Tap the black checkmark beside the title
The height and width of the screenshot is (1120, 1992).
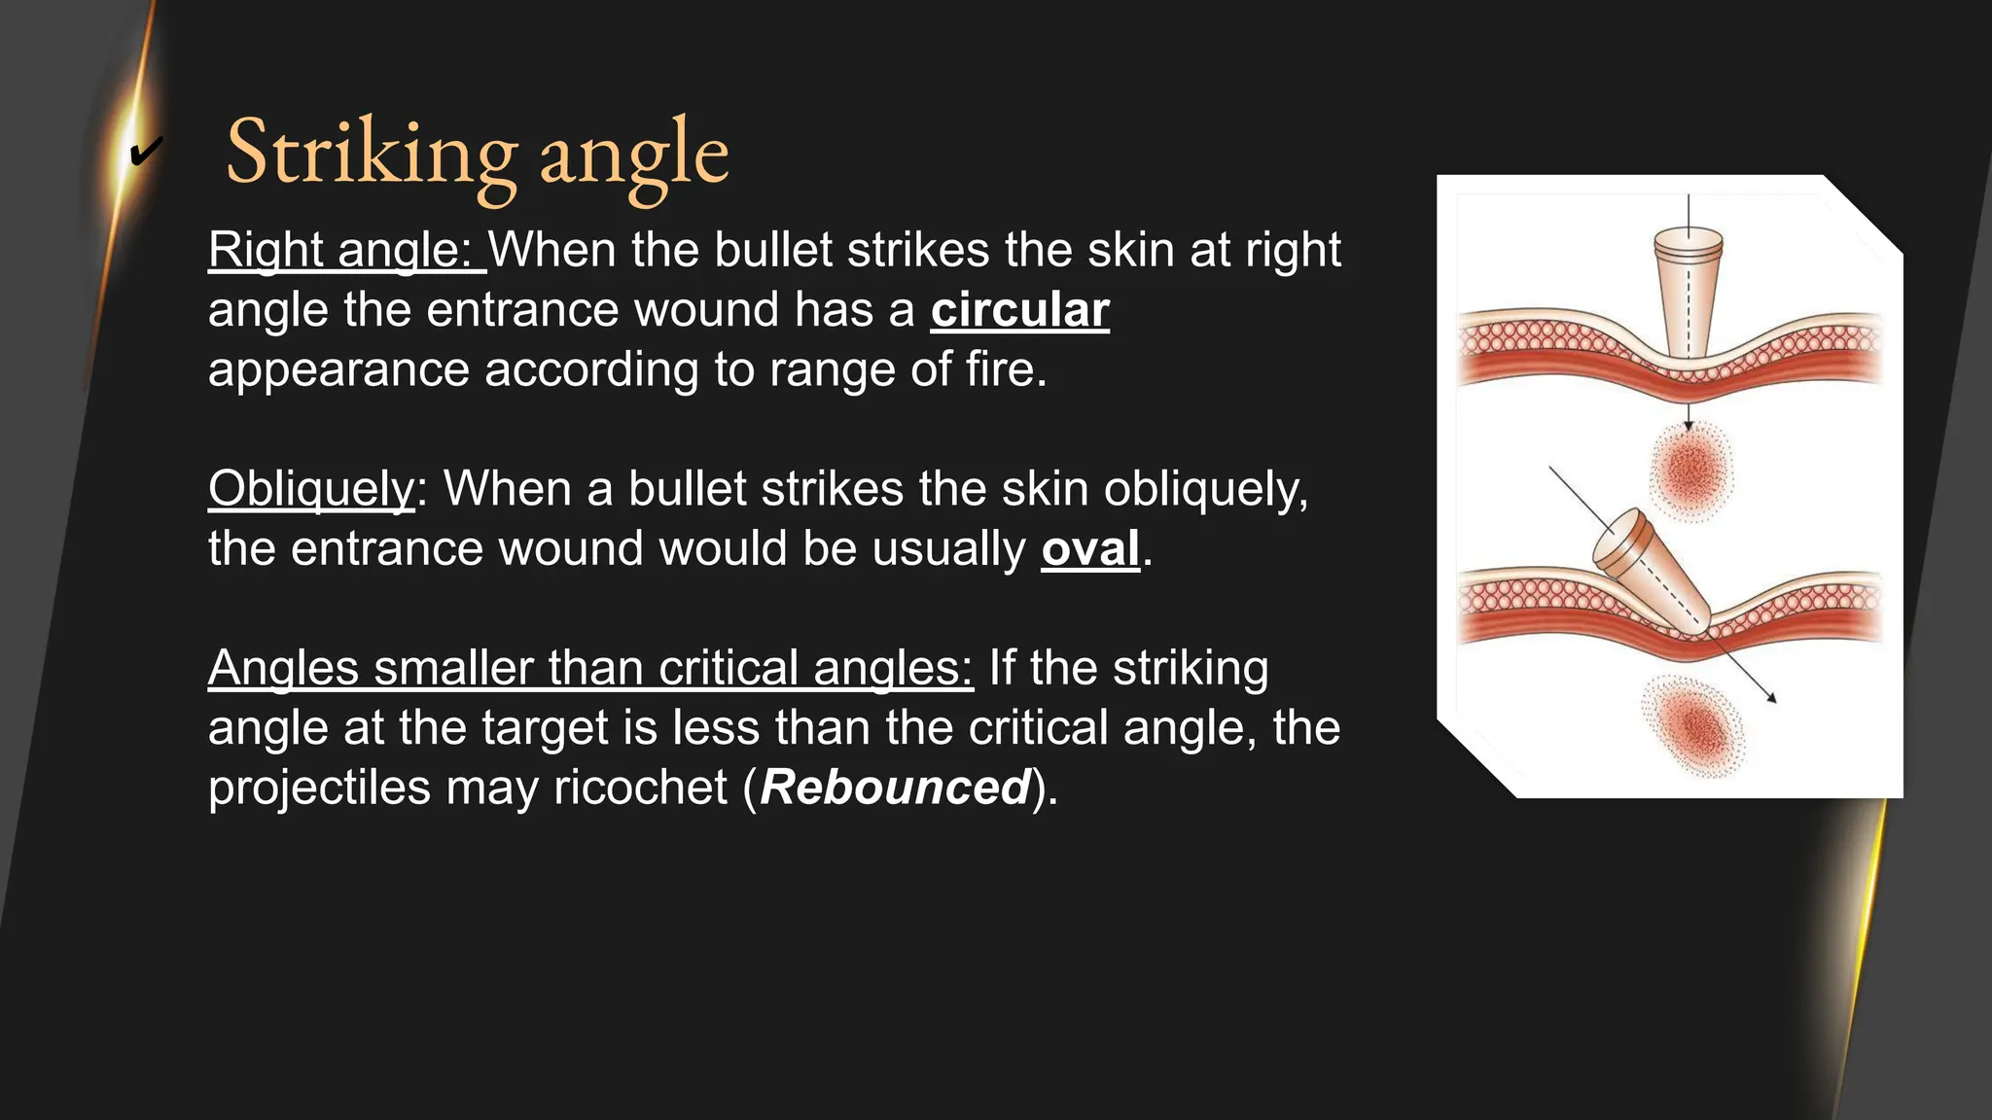145,152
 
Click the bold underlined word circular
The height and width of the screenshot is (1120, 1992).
1019,310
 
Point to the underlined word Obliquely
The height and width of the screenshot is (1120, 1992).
311,488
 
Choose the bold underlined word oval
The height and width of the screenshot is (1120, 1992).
1089,548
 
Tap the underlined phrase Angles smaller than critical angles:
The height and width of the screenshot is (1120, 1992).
589,668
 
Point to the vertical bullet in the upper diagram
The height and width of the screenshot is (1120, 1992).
1690,292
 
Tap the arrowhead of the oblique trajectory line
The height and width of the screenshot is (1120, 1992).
1772,697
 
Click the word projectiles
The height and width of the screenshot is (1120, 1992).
319,787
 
